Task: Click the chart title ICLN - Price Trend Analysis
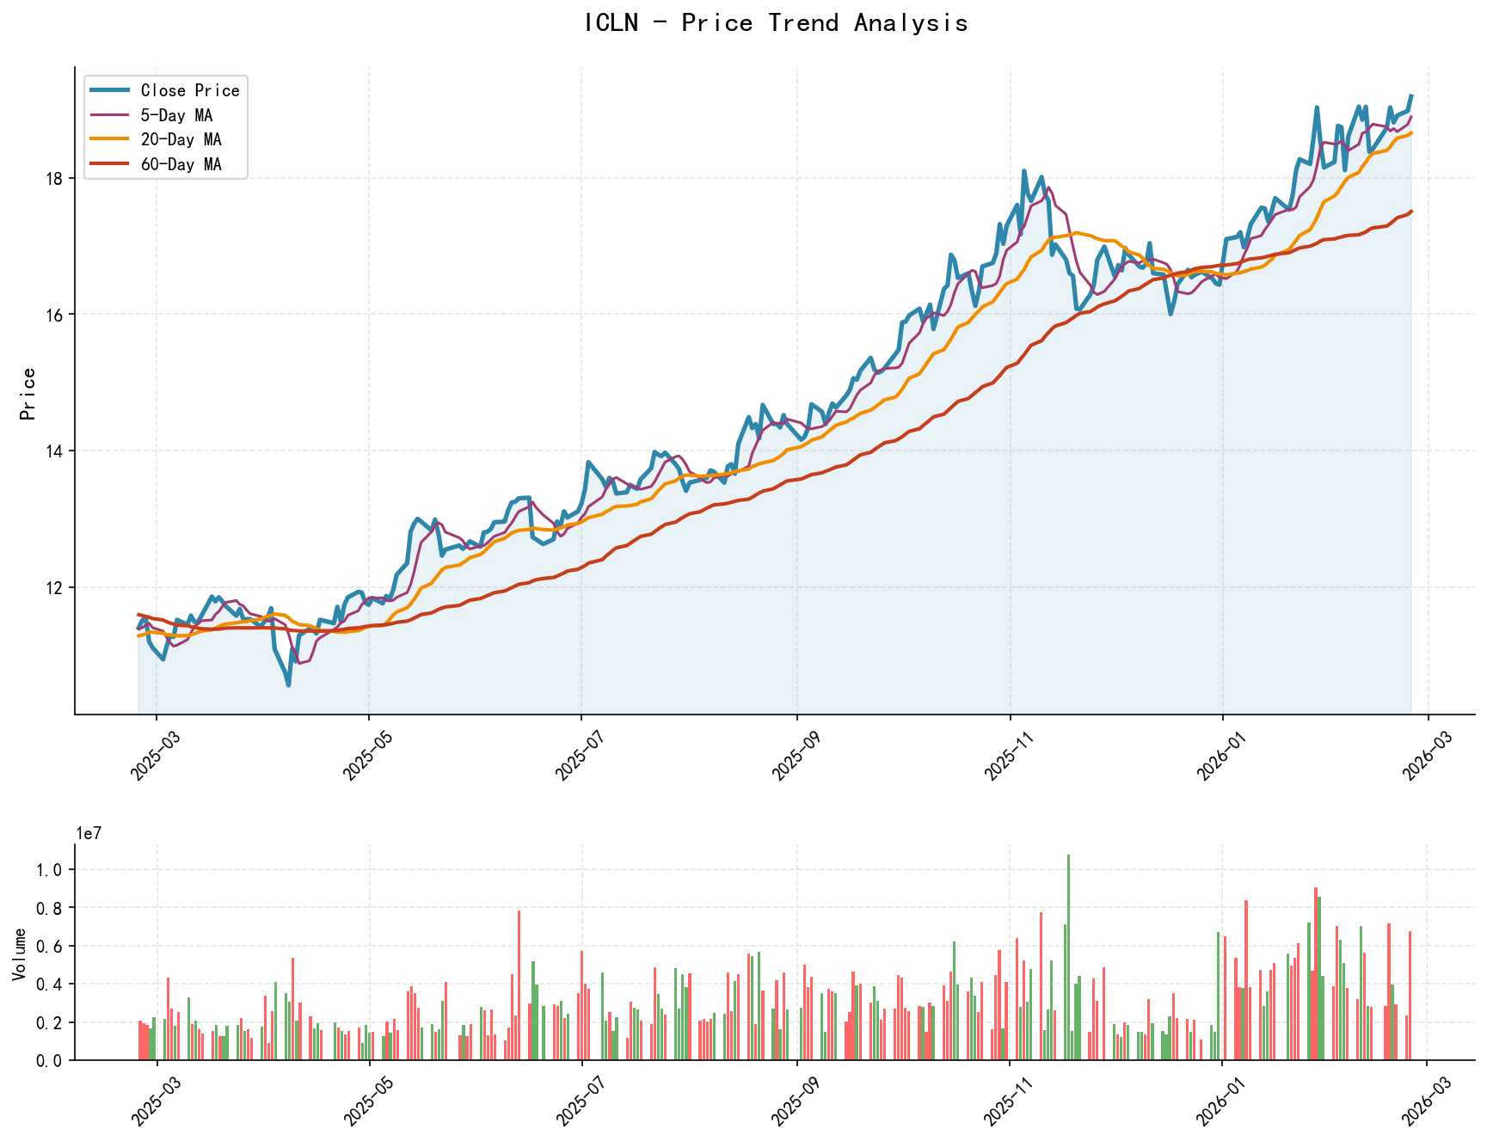coord(775,23)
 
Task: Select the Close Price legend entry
coord(189,90)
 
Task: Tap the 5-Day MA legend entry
coord(175,115)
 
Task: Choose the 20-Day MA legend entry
coord(181,139)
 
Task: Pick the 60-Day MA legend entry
coord(181,164)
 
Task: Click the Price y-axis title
coord(28,394)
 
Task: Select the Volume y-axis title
coord(19,954)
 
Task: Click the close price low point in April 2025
coord(288,685)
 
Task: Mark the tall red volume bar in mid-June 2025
coord(519,985)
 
